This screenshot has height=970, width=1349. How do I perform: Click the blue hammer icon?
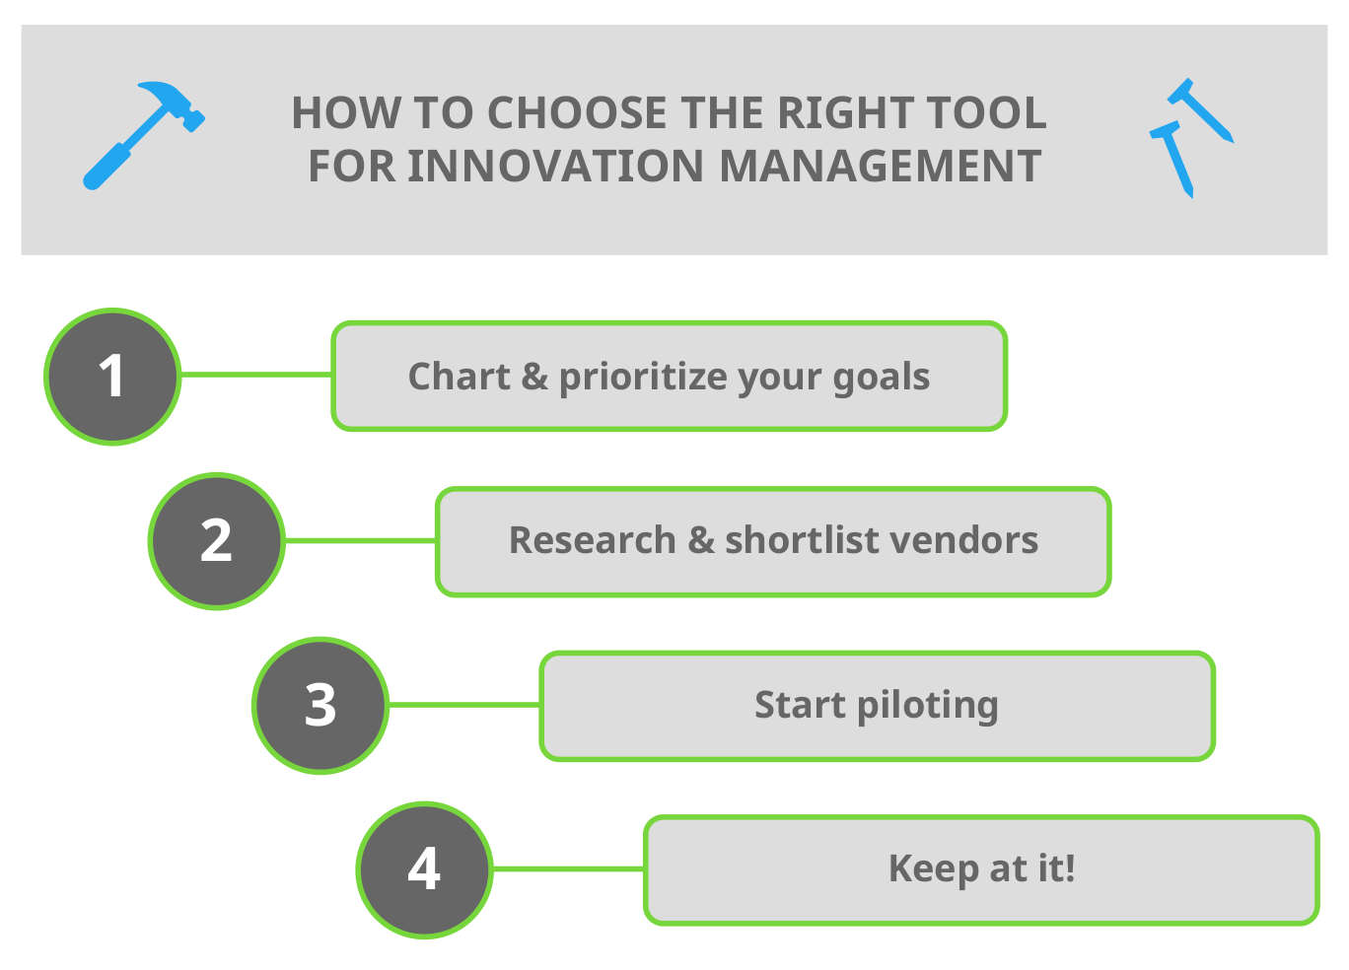143,135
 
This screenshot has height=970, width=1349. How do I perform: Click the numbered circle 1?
112,377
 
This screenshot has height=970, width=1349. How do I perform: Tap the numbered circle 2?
217,541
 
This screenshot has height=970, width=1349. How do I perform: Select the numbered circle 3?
320,706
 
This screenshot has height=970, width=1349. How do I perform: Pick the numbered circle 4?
424,869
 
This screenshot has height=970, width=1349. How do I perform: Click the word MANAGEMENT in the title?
880,167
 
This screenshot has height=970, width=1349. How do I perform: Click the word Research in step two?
592,541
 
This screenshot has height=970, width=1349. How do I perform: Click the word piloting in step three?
927,706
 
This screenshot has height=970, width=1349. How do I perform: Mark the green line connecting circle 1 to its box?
256,375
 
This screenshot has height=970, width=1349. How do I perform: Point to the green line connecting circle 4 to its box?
568,868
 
